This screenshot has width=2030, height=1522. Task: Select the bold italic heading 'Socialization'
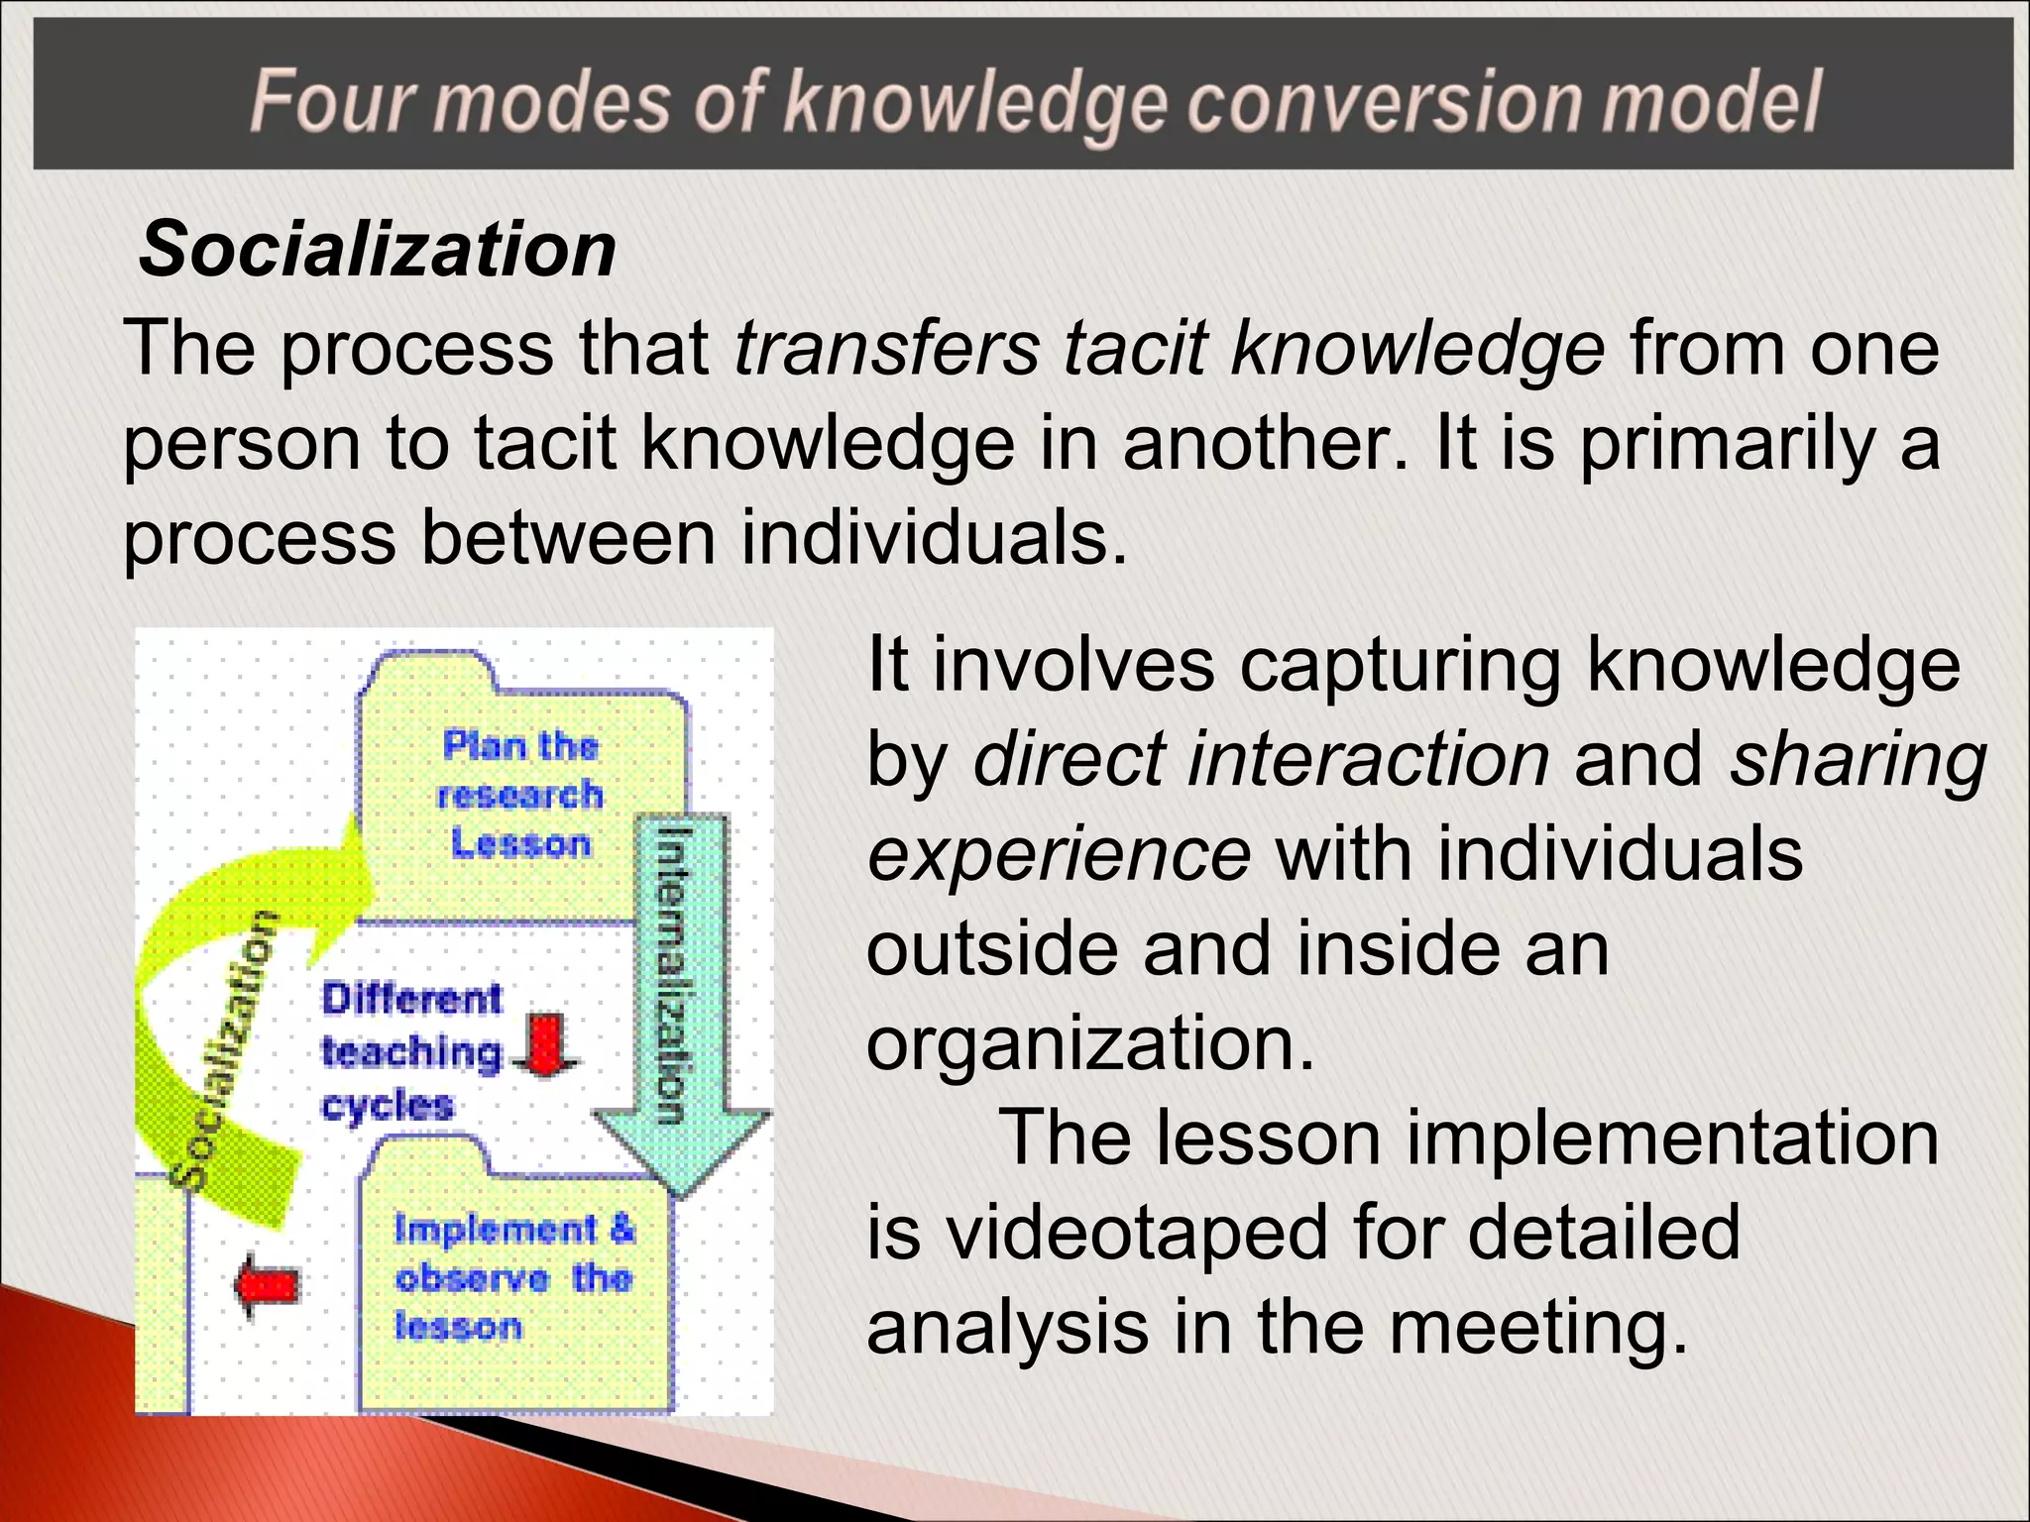(x=378, y=249)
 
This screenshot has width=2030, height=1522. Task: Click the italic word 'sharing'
(x=1858, y=759)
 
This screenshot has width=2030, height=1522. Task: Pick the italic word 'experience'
(x=1059, y=854)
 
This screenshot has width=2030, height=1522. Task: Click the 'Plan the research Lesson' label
(x=520, y=794)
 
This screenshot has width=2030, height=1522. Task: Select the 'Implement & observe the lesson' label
(x=513, y=1278)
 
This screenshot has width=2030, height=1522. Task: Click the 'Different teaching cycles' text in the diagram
(x=411, y=1051)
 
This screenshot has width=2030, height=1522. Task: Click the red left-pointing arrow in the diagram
(x=267, y=1285)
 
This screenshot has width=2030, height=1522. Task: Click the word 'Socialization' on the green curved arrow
(x=222, y=1050)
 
